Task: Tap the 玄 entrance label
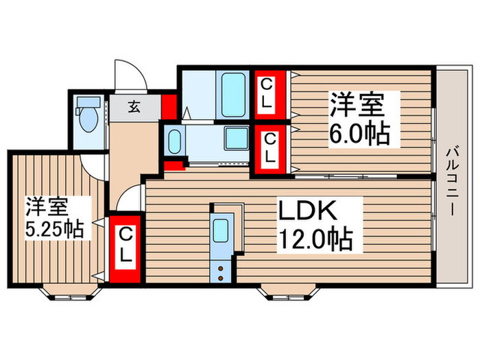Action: pyautogui.click(x=134, y=107)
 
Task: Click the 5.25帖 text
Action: pyautogui.click(x=54, y=229)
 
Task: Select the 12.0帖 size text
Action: pyautogui.click(x=315, y=241)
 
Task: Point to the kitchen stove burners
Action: pyautogui.click(x=221, y=272)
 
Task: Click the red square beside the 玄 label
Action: pyautogui.click(x=169, y=107)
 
